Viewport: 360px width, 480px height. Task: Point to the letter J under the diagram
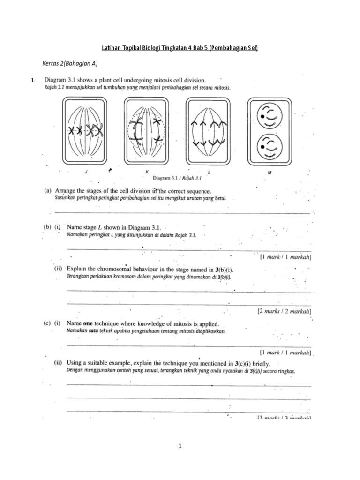pyautogui.click(x=86, y=172)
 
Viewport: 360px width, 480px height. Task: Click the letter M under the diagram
pyautogui.click(x=270, y=172)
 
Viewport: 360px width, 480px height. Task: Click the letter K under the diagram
pyautogui.click(x=147, y=172)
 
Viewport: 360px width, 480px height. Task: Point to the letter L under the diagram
pyautogui.click(x=209, y=172)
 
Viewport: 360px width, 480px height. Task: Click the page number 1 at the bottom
pyautogui.click(x=180, y=447)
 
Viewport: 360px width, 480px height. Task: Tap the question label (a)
pyautogui.click(x=48, y=191)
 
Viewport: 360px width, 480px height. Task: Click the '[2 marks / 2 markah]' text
pyautogui.click(x=285, y=311)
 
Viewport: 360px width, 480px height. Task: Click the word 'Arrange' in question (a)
pyautogui.click(x=67, y=191)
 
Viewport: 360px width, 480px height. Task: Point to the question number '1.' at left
pyautogui.click(x=33, y=81)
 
